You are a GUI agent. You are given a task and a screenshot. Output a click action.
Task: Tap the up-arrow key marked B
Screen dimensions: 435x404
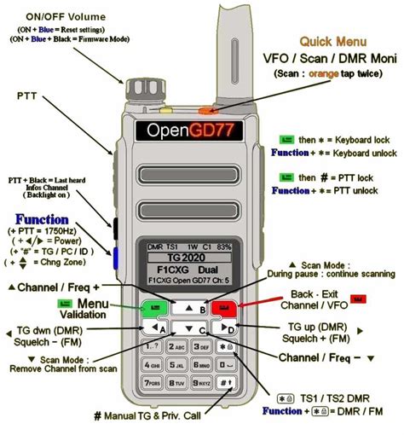(x=189, y=308)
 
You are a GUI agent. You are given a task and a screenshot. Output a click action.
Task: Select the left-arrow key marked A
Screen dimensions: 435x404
(x=153, y=328)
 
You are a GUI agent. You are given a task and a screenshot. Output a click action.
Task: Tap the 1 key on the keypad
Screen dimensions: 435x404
(x=153, y=347)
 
